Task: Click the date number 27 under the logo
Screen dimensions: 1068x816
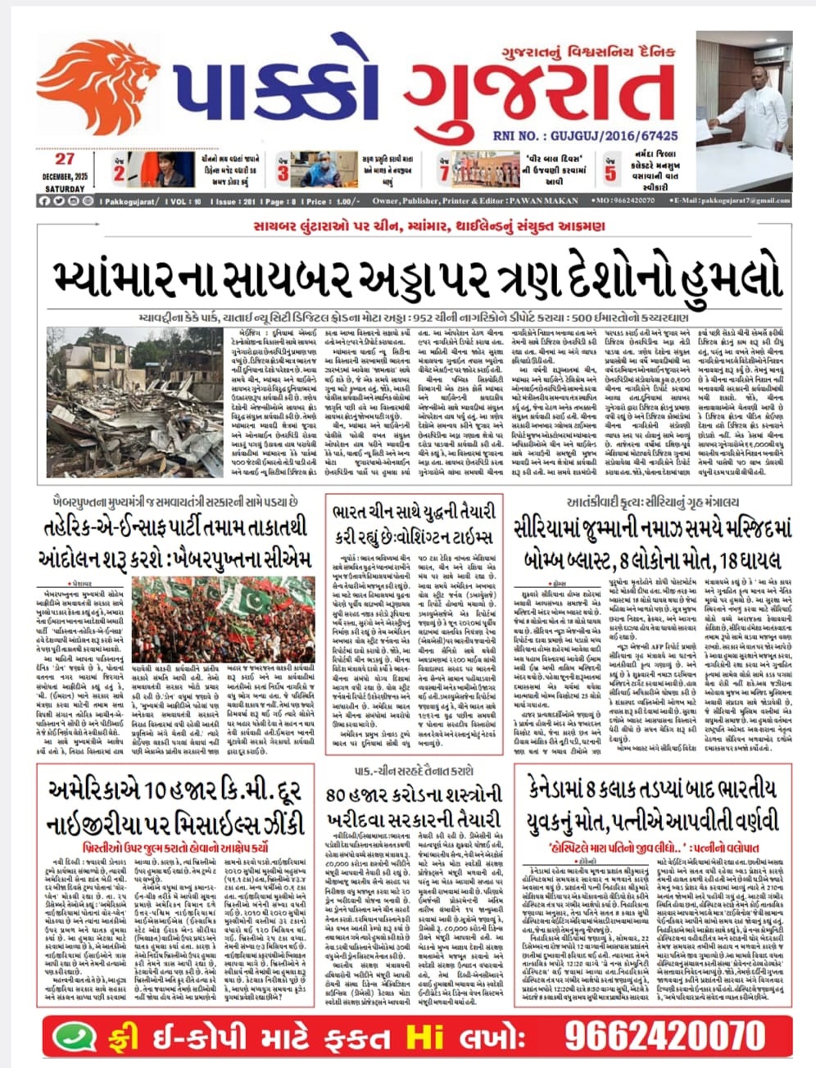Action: coord(66,159)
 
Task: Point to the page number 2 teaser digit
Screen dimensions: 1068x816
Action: coord(120,173)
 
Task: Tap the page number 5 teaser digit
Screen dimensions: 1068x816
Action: coord(610,173)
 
